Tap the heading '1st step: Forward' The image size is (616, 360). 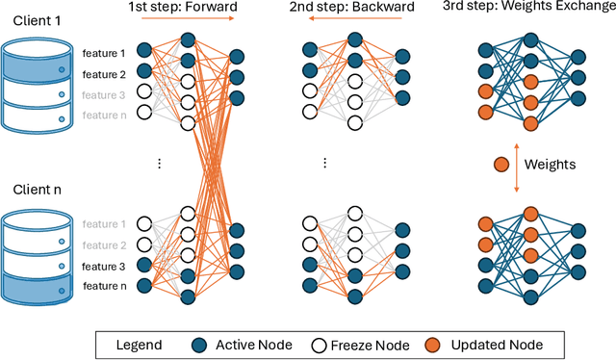coord(184,9)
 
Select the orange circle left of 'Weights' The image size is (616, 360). coord(500,164)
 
